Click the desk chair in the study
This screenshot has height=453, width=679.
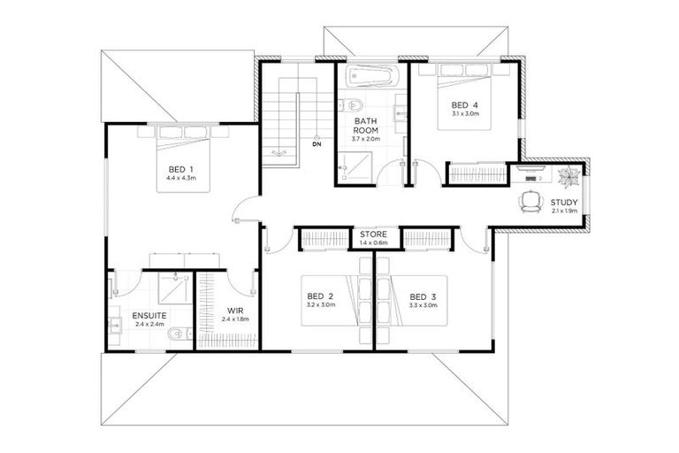tap(531, 203)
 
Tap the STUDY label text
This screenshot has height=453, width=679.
tap(563, 203)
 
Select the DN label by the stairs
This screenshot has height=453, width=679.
tap(316, 144)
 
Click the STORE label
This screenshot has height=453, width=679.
tap(372, 234)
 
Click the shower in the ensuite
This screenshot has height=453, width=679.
tap(176, 288)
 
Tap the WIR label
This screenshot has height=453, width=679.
tap(235, 311)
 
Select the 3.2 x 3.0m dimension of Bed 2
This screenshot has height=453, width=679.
tap(319, 305)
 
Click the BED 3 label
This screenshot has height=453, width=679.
tap(423, 296)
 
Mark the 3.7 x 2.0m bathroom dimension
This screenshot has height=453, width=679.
tap(366, 139)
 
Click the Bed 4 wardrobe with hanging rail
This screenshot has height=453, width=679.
tap(477, 173)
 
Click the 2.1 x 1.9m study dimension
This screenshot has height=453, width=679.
tap(563, 211)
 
